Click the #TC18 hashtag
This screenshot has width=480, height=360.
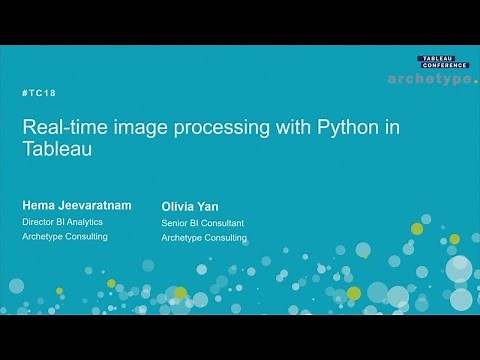coord(39,93)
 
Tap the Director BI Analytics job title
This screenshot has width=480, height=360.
coord(64,220)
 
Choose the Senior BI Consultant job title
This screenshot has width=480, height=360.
coord(203,222)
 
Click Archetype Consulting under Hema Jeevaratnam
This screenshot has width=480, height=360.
coord(65,236)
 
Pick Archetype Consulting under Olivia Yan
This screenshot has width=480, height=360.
coord(204,238)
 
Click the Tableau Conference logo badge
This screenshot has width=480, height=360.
coord(442,62)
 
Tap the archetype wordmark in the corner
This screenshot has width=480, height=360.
coord(432,79)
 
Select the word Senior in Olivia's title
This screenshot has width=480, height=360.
coord(176,222)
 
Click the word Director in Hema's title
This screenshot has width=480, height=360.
coord(41,220)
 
